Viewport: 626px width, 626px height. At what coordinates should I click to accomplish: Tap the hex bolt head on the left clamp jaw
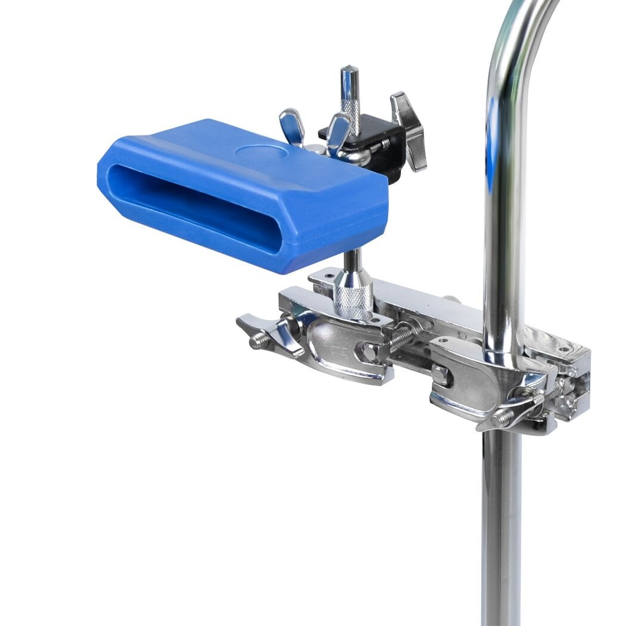coord(368,351)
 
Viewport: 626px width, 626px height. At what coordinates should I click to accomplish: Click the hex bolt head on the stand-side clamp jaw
coord(441,375)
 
